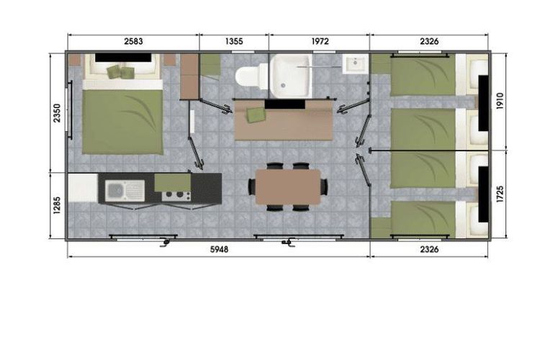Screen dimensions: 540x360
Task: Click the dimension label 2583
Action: (x=133, y=41)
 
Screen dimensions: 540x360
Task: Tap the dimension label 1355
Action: (x=234, y=41)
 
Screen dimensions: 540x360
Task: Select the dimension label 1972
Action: (x=320, y=41)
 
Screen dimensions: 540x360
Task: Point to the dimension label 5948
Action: (x=219, y=249)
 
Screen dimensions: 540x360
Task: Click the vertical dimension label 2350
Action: (x=57, y=113)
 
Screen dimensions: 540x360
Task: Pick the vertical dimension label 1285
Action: (x=57, y=205)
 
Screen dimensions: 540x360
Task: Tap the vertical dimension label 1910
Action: (x=500, y=102)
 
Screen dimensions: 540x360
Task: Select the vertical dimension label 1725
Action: (x=500, y=194)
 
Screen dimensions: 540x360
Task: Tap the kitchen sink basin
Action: (x=114, y=190)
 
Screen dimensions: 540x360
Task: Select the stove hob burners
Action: (x=176, y=196)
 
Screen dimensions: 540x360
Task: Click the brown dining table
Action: (x=288, y=186)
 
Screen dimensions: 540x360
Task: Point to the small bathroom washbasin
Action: (x=354, y=64)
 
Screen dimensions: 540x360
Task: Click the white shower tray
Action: (x=290, y=75)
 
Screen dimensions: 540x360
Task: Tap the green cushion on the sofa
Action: (x=255, y=114)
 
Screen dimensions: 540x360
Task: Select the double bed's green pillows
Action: (x=120, y=72)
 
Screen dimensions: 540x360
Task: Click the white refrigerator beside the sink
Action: (x=83, y=188)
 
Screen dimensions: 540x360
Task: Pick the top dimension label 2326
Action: (x=429, y=41)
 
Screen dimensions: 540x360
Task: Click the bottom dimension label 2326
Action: (x=429, y=249)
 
